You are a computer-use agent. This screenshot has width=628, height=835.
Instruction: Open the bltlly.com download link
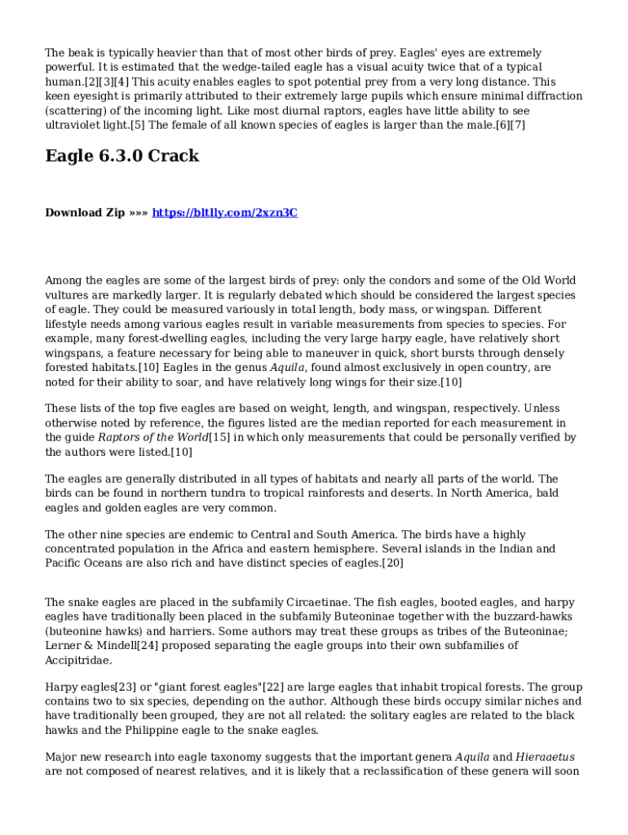coord(225,213)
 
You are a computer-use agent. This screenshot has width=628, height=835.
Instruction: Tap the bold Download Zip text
coord(85,213)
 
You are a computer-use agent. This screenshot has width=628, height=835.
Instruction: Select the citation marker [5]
coord(137,126)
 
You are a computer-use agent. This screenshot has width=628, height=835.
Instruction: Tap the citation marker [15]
coord(219,437)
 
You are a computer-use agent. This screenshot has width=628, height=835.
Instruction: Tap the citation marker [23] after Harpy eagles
coord(122,687)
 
